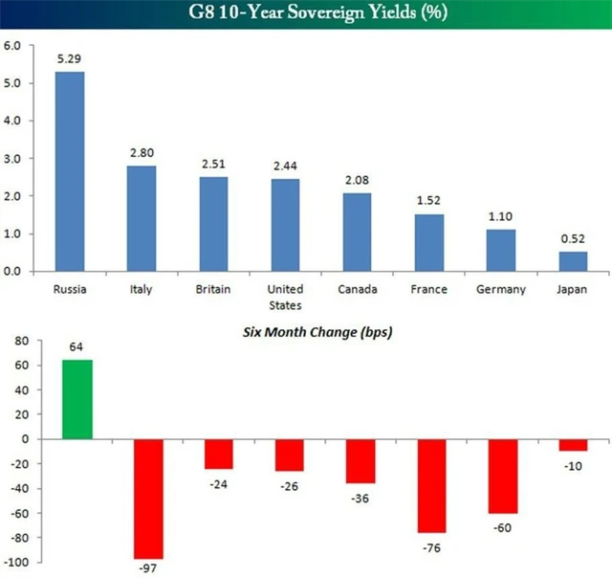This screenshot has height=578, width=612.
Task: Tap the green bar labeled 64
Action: click(77, 400)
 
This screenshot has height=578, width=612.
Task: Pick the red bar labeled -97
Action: click(148, 499)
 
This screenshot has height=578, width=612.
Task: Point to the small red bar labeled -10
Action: click(573, 444)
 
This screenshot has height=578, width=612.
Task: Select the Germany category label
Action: click(500, 289)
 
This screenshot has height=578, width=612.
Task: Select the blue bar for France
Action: click(430, 242)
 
